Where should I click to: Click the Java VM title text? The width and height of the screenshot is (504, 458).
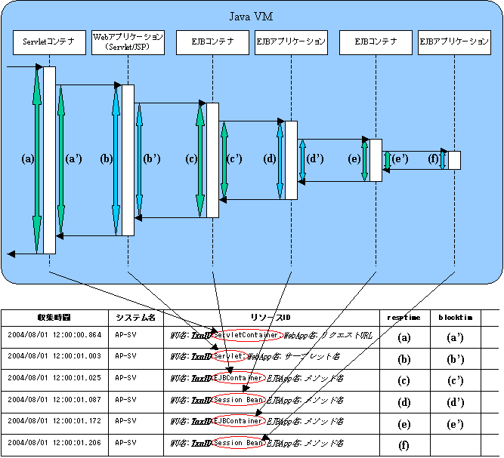coord(252,17)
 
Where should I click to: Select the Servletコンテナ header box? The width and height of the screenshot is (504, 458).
coord(48,42)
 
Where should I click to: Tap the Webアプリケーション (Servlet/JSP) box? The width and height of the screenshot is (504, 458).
coord(127,41)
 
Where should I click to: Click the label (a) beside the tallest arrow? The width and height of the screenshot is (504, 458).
coord(29,159)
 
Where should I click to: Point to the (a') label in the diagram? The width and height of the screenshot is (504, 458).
coord(74,159)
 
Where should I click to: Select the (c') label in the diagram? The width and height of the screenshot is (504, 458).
coord(235,159)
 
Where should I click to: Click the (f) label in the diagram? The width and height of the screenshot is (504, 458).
coord(433,159)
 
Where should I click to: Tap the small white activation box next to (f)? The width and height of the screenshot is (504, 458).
coord(454,161)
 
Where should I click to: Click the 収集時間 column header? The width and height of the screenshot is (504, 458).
coord(54,318)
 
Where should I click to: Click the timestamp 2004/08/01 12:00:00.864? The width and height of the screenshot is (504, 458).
coord(54,334)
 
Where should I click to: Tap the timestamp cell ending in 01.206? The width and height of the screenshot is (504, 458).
coord(54,443)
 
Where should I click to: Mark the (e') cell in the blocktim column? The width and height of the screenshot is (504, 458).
coord(455,422)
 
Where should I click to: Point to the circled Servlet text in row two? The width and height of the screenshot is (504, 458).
coord(227,355)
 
